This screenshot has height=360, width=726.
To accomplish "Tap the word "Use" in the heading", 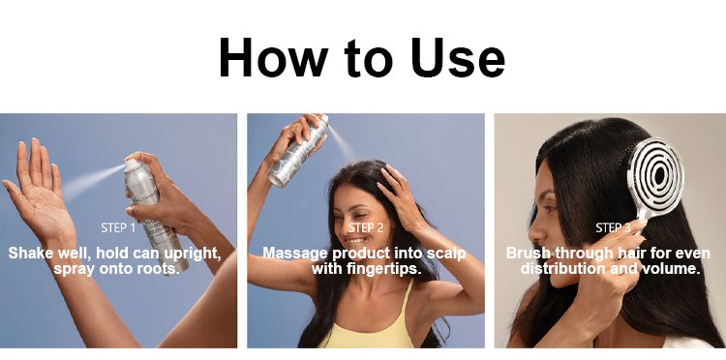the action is tap(458, 57).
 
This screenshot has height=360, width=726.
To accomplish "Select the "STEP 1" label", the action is tap(118, 228).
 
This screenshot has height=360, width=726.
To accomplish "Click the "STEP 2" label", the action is tap(366, 228).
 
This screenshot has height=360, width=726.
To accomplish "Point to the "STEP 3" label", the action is tap(613, 228).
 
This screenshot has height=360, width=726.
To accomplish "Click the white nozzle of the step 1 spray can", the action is tap(132, 165).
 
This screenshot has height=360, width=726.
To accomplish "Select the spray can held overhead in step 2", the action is tap(299, 151).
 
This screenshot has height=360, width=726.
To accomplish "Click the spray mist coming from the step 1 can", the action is tap(93, 180).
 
